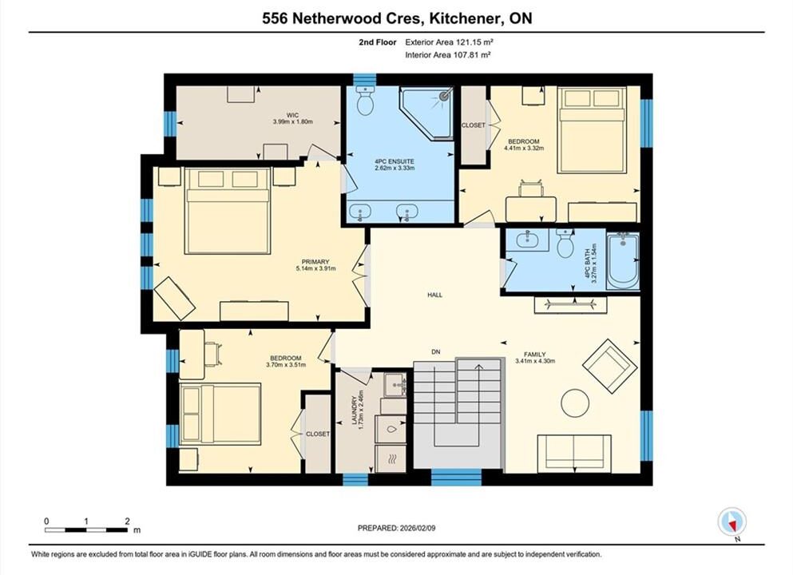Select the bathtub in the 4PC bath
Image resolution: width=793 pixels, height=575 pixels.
tap(623, 261)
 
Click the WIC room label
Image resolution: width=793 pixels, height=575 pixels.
tap(292, 115)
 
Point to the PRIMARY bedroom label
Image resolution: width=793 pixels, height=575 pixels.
tap(315, 261)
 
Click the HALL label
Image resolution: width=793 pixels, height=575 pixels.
tap(434, 295)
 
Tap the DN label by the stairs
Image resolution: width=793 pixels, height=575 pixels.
tap(436, 352)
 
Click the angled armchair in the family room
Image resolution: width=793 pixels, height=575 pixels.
tap(606, 366)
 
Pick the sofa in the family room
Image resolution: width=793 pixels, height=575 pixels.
tap(574, 454)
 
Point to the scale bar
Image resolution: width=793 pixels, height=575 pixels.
tap(86, 530)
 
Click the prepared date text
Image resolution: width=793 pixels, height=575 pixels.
tap(396, 528)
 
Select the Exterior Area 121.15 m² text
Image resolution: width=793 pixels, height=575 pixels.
tap(449, 42)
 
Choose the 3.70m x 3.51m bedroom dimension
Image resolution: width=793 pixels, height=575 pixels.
tap(286, 365)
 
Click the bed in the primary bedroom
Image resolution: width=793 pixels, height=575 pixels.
tap(226, 210)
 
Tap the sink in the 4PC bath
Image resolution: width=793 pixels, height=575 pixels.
tap(527, 240)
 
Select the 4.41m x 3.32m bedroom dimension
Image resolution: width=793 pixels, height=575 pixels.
tap(524, 149)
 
